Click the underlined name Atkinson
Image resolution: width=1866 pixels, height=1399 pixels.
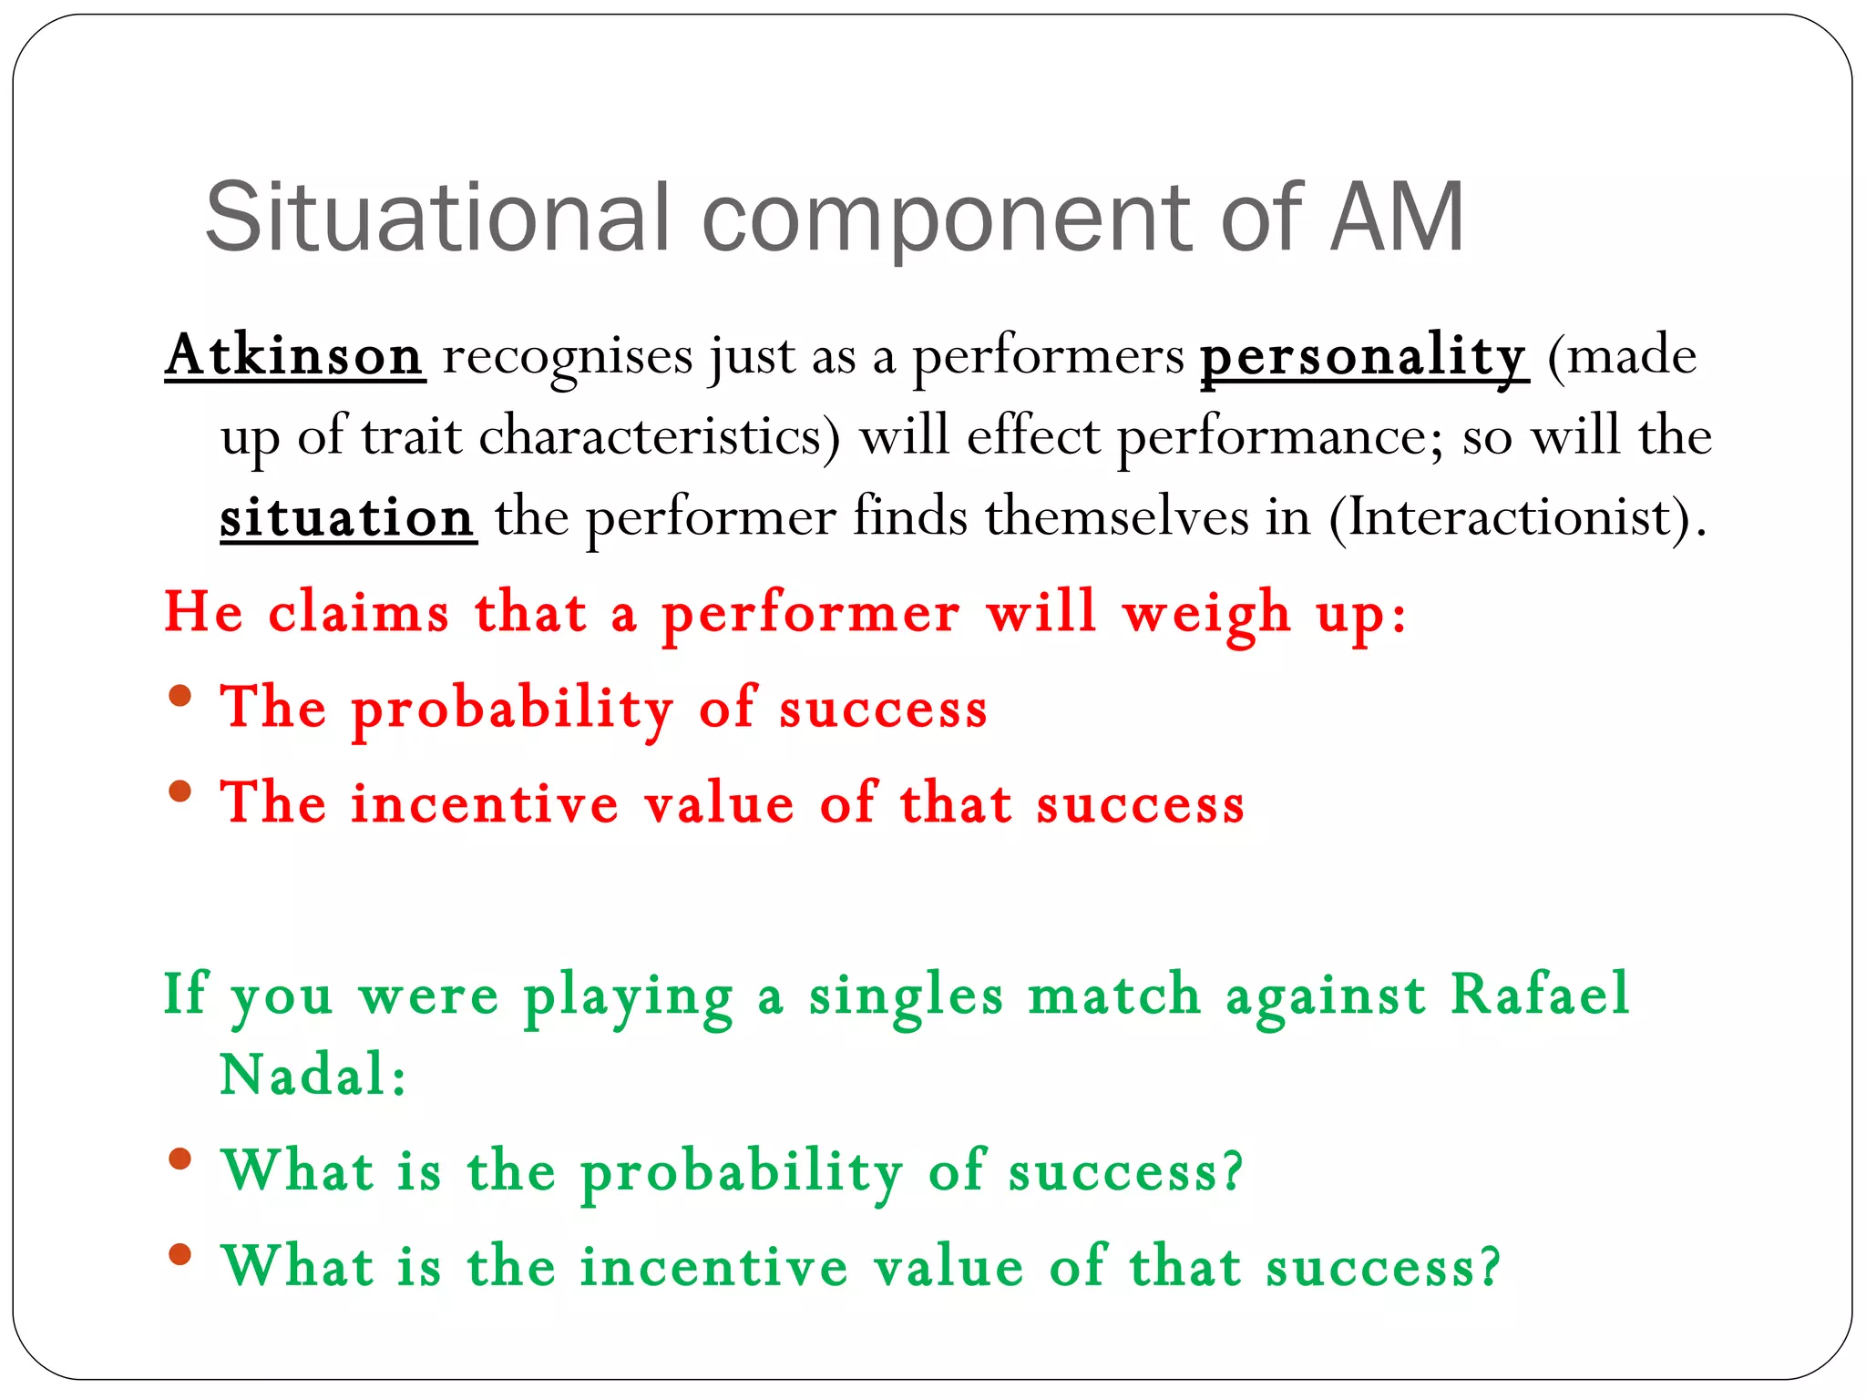tap(294, 355)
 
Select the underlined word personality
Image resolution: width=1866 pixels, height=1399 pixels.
tap(1363, 356)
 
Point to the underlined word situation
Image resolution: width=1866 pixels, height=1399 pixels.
tap(347, 517)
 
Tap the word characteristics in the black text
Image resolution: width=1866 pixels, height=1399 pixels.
tap(651, 436)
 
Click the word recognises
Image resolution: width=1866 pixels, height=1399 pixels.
tap(567, 356)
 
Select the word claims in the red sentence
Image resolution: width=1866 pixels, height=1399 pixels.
tap(358, 612)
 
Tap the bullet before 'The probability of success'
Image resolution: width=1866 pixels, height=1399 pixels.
tap(180, 697)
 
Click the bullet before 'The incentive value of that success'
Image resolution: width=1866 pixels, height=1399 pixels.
tap(180, 791)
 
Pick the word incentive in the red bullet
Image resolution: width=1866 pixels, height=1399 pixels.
tap(485, 804)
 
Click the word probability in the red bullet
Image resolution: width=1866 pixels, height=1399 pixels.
tap(512, 709)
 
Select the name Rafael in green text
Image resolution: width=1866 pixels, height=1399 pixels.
tap(1539, 994)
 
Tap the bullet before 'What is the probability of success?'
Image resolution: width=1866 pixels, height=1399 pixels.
tap(180, 1159)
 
